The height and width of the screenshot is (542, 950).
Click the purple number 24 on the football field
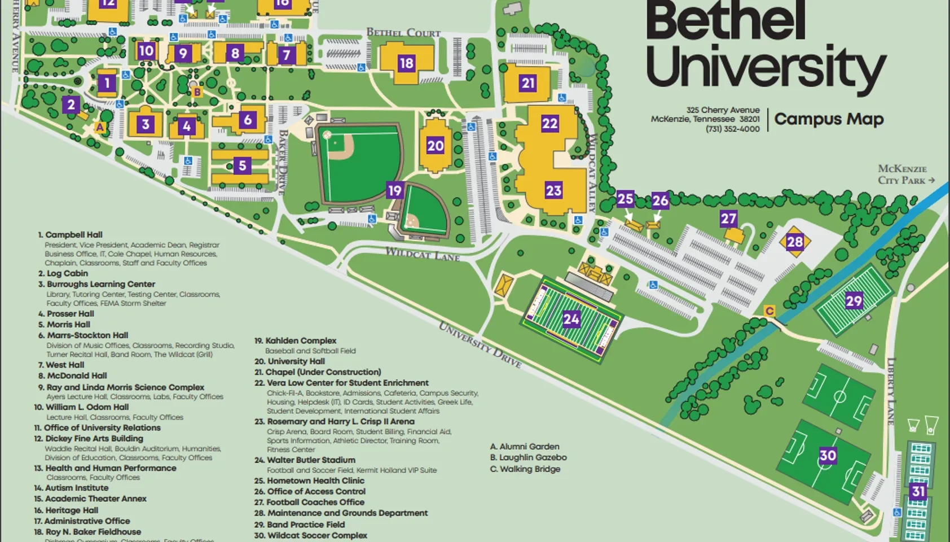pos(571,320)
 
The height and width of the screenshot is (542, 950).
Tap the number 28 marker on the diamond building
pos(794,242)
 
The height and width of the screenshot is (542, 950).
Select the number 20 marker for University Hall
pos(435,146)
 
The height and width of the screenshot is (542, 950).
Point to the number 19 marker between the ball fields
pos(394,191)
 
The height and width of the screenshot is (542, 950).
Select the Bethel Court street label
pos(403,33)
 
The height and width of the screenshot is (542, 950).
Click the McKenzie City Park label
pos(905,174)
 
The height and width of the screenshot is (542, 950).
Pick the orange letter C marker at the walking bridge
pos(769,311)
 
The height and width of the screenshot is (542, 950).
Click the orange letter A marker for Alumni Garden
pos(100,128)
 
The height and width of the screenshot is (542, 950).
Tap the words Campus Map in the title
pos(829,119)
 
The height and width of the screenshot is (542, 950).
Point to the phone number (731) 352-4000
pos(732,129)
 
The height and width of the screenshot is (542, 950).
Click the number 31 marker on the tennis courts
pos(918,491)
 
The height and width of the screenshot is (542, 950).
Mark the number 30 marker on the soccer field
pos(828,456)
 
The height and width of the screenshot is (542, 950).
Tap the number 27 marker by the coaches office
pos(728,218)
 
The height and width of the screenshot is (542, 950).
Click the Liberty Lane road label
pos(891,391)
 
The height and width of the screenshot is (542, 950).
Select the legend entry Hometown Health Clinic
pos(315,481)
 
